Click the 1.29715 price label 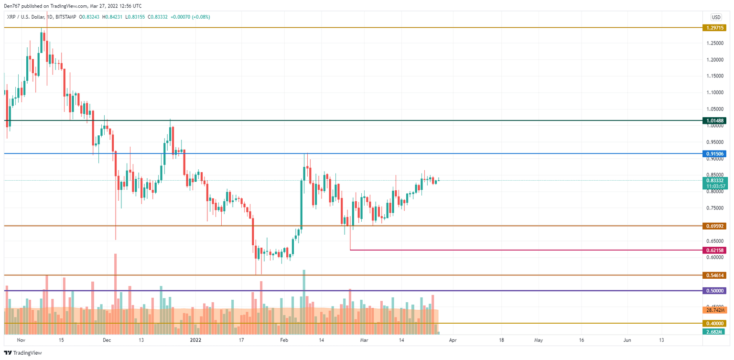[714, 28]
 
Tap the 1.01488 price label [714, 121]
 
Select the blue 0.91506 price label [714, 154]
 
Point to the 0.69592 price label [714, 226]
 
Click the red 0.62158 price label [714, 250]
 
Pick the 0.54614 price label [714, 275]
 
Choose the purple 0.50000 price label [714, 291]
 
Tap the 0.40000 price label [714, 324]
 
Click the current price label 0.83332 [714, 180]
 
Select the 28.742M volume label [714, 310]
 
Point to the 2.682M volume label [714, 332]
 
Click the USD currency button [716, 17]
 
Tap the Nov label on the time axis [20, 340]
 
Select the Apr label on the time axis [453, 340]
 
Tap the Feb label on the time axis [284, 340]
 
